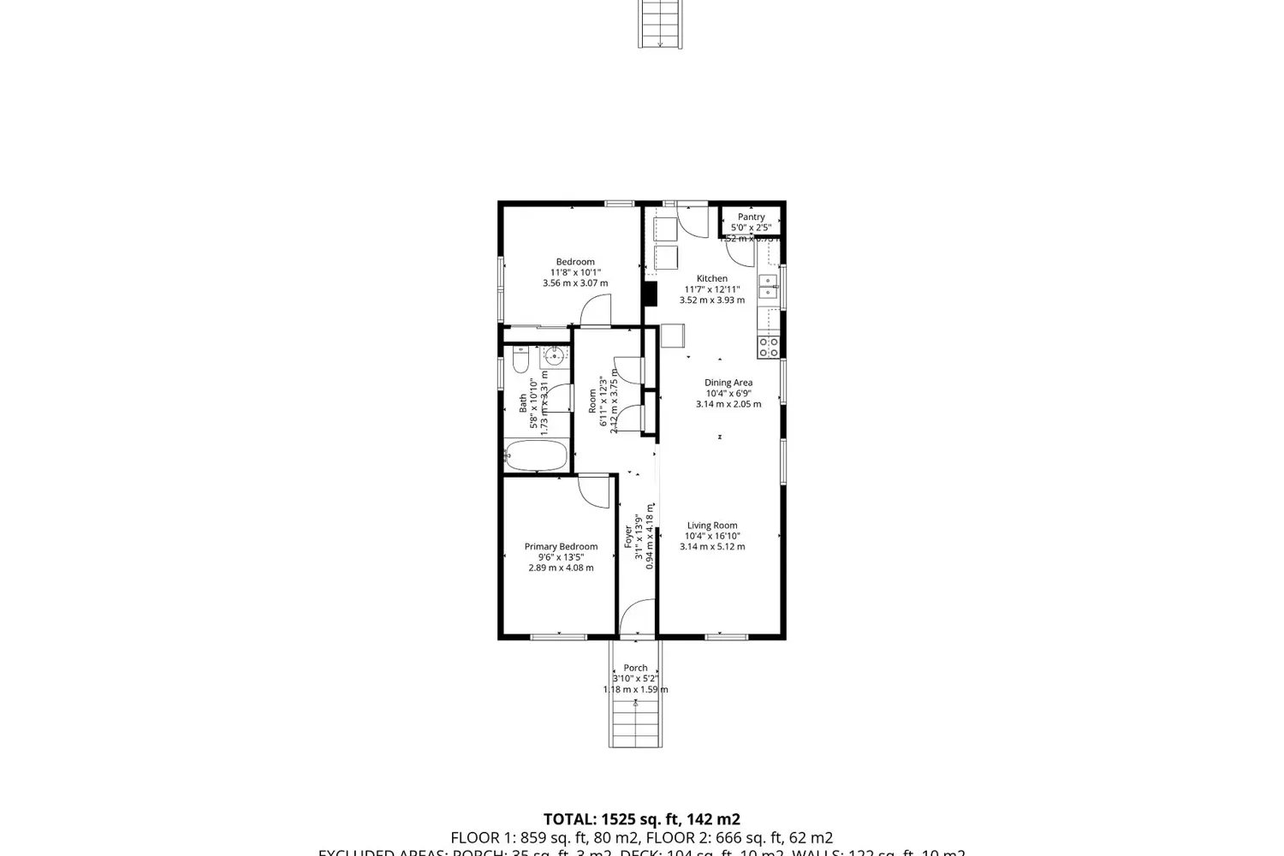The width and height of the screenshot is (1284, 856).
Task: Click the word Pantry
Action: [x=751, y=217]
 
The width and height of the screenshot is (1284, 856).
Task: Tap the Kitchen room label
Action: [x=711, y=278]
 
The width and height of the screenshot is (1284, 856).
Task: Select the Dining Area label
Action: [x=728, y=383]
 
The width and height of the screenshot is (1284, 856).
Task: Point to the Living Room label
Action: [x=712, y=526]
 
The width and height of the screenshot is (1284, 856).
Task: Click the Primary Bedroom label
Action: [x=561, y=546]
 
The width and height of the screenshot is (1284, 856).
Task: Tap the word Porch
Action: [x=635, y=668]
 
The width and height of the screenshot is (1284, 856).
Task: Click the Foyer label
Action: [x=628, y=537]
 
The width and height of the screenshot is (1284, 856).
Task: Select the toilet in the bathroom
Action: [x=520, y=363]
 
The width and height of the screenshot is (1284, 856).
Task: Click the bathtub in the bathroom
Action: [x=536, y=455]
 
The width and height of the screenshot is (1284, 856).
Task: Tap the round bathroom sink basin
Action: [x=554, y=355]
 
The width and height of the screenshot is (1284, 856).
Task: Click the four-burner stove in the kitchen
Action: [x=769, y=347]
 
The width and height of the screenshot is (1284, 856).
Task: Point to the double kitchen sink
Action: [x=769, y=286]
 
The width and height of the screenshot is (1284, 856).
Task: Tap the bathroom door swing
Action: [x=559, y=399]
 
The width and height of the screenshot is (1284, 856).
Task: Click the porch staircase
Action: [x=635, y=723]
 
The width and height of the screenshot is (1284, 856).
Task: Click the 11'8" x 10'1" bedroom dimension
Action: [x=575, y=272]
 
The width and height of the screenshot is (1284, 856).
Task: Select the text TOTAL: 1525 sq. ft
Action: [x=642, y=819]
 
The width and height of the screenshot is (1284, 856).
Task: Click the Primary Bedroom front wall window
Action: [x=558, y=636]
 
